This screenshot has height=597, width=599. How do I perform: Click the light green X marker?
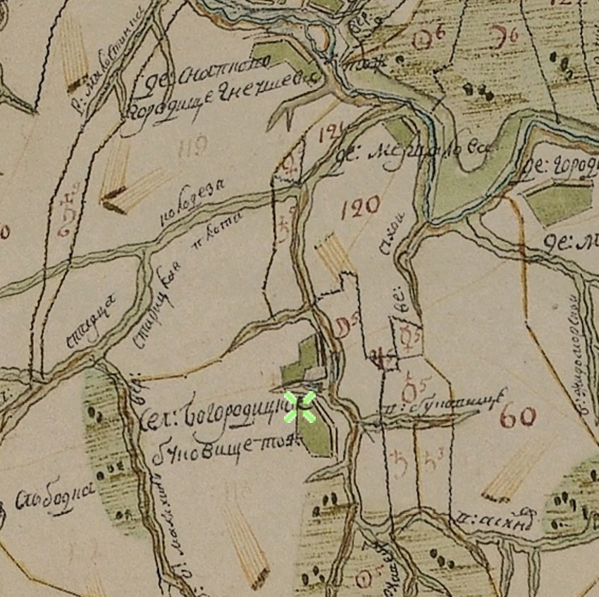click(x=299, y=407)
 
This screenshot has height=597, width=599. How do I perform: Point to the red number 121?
click(x=331, y=134)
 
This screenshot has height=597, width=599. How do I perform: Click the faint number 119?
click(x=194, y=147)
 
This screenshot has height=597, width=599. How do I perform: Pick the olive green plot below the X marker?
click(x=314, y=431)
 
